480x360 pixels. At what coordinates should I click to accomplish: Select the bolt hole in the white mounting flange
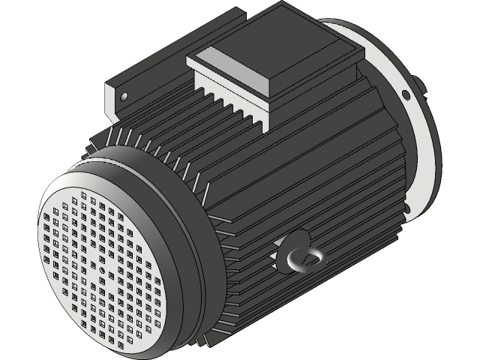click(x=406, y=94)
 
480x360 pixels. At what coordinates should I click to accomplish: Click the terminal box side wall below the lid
click(x=315, y=82)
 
